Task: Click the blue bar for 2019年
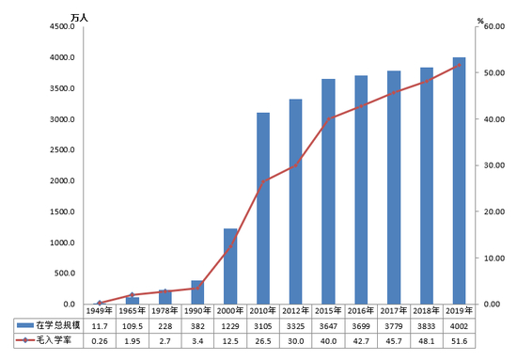460,180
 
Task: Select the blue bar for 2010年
263,209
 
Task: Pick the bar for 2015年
329,192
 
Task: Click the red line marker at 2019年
460,66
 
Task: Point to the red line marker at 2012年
296,165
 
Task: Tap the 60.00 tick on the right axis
493,27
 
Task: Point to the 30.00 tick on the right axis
493,165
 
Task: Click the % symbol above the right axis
479,19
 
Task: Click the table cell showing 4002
460,323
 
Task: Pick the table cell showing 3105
263,323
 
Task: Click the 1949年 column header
100,310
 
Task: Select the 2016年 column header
362,310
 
